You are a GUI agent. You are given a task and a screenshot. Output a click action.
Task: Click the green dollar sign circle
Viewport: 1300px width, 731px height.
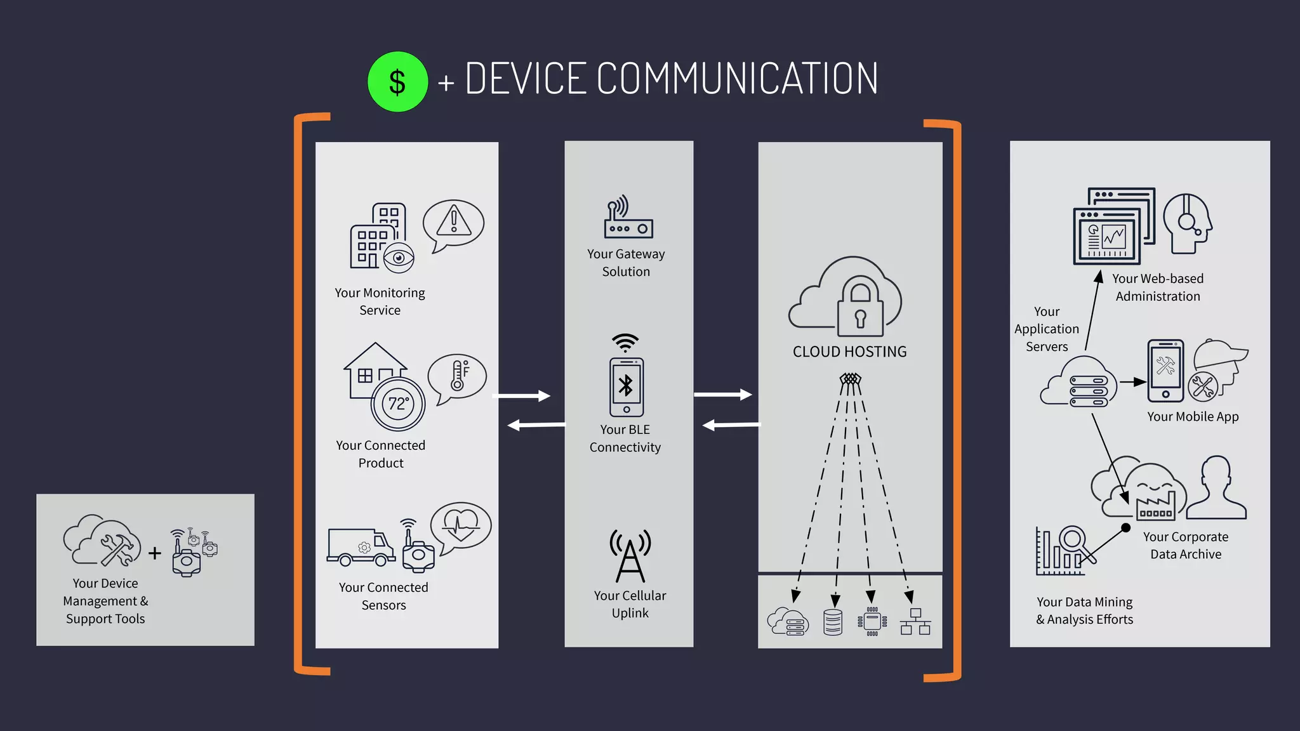click(397, 82)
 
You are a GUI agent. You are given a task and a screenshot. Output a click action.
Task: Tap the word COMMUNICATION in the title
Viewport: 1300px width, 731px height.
click(737, 79)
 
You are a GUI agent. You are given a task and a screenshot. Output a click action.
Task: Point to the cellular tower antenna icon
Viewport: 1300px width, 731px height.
click(630, 556)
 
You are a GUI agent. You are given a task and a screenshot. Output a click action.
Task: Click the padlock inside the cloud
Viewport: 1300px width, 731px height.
click(860, 308)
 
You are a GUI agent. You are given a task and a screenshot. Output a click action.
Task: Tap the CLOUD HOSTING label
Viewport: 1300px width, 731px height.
click(849, 352)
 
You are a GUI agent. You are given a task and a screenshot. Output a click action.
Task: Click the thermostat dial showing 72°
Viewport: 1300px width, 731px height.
click(398, 404)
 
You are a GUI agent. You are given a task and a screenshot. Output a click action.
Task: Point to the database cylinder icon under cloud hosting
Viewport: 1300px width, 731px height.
click(832, 622)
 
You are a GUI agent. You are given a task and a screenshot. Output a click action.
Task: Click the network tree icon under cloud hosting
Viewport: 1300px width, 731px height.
click(915, 622)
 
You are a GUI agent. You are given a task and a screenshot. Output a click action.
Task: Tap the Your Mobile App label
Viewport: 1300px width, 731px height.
click(1193, 417)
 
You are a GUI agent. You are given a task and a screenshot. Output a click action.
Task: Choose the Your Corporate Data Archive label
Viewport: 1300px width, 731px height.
click(1186, 546)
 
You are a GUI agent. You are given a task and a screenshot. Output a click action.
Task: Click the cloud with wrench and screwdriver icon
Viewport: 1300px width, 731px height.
click(103, 541)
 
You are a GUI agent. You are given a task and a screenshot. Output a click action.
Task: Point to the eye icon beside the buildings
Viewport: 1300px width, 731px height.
click(399, 258)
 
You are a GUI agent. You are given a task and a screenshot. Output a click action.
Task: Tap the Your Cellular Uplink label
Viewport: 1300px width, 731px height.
click(630, 604)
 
